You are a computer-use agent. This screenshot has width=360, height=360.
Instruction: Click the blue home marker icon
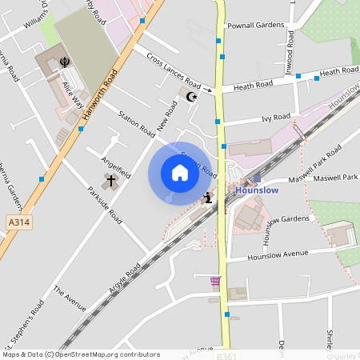(x=179, y=172)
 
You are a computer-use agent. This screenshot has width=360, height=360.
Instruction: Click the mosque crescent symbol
(x=190, y=97)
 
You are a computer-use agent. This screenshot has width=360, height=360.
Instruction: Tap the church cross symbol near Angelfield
(x=110, y=182)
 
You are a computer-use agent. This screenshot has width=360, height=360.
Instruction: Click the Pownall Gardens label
(x=256, y=26)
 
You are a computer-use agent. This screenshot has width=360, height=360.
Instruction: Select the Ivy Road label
(x=276, y=118)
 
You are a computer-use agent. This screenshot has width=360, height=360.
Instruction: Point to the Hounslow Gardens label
(x=283, y=218)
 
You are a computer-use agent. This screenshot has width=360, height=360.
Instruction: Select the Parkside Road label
(x=105, y=206)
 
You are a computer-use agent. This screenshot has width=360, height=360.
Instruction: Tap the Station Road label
(x=137, y=121)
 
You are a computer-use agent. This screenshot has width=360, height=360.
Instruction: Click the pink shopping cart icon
(x=214, y=281)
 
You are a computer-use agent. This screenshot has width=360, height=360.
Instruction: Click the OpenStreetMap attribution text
(x=80, y=354)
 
